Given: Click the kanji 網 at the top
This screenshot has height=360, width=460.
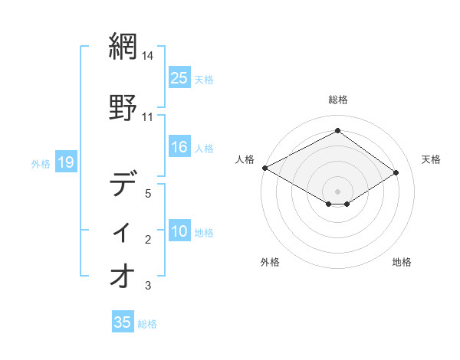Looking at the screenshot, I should [x=123, y=47].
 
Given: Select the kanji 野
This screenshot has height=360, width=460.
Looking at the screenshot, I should [x=123, y=106].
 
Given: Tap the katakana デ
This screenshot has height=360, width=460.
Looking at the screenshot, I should [x=123, y=185].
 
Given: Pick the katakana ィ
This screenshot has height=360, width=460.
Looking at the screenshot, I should [x=123, y=231].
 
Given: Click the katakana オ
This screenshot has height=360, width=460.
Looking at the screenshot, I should [x=123, y=277].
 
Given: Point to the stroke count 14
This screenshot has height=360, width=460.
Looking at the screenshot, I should [x=148, y=56].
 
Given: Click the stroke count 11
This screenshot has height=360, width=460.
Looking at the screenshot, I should [x=148, y=117].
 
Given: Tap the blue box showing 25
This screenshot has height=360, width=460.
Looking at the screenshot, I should [x=179, y=77].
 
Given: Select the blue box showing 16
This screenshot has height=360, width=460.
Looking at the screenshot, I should [x=179, y=148].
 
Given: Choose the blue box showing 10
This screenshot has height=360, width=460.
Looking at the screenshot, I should [x=179, y=232].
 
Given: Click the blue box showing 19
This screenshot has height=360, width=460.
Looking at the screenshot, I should [x=65, y=162].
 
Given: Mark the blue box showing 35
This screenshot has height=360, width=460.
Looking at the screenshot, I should [x=123, y=322].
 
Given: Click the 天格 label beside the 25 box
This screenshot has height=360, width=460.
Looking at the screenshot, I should [x=203, y=79].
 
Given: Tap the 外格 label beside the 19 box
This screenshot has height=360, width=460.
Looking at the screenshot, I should [x=41, y=163].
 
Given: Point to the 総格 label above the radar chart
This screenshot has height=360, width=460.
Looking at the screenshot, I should [x=338, y=100].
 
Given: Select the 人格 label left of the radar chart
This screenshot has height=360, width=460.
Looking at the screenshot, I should [x=245, y=159].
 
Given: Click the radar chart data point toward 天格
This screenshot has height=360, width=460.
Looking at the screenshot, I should [x=396, y=172].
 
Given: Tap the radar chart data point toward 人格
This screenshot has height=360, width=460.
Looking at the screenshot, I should [x=264, y=168].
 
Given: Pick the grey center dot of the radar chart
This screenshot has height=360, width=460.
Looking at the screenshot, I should [x=337, y=191].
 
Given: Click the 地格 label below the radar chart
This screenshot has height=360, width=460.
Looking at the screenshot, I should [x=402, y=262].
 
